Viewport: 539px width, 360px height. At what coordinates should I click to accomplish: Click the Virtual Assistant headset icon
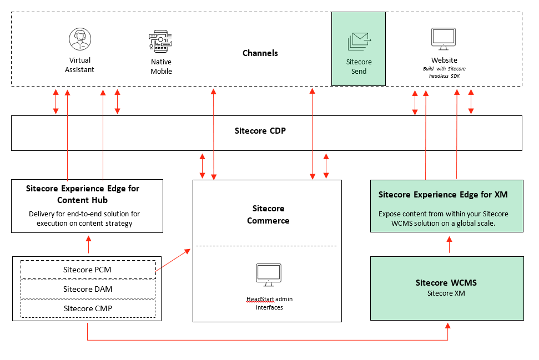[x=80, y=39]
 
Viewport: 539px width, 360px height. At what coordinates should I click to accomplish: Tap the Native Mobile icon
[x=161, y=42]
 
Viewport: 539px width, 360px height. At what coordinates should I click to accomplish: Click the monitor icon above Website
[x=444, y=39]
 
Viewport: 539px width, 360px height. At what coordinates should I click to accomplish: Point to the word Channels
[x=260, y=53]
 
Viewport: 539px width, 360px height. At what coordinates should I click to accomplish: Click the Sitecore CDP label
[x=260, y=131]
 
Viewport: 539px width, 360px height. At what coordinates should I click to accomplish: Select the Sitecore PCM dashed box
[x=87, y=270]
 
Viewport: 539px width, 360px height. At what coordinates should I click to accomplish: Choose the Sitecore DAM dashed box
[x=87, y=289]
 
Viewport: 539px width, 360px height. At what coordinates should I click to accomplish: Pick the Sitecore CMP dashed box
[x=87, y=308]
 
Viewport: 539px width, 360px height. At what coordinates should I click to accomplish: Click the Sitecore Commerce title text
[x=268, y=215]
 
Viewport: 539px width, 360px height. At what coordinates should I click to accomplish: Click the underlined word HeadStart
[x=260, y=299]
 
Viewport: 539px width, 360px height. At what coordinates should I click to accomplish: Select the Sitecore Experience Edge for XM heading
[x=442, y=195]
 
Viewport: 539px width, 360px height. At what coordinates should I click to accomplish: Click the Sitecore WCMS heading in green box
[x=446, y=283]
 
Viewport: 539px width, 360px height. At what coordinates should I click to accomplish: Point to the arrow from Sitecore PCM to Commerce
[x=174, y=260]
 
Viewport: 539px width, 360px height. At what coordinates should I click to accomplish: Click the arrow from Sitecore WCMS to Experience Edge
[x=449, y=244]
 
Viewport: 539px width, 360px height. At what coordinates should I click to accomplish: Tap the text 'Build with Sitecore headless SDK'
[x=444, y=72]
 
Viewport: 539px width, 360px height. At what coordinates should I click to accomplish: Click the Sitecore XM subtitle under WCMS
[x=446, y=293]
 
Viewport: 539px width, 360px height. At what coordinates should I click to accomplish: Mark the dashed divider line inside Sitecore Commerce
[x=266, y=246]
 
